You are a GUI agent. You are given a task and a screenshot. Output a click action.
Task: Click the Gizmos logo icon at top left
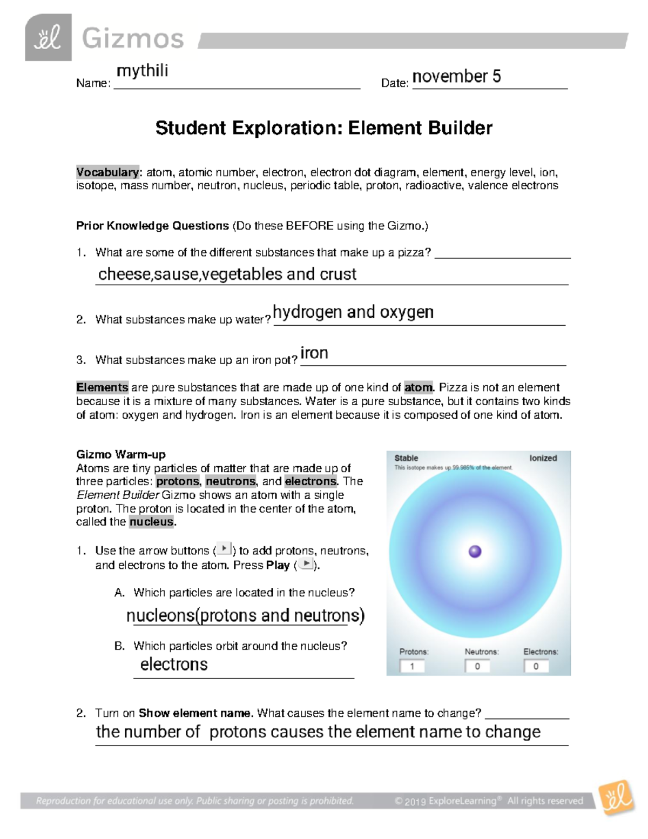click(x=48, y=37)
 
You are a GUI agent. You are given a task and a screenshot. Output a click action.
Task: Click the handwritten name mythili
click(x=143, y=71)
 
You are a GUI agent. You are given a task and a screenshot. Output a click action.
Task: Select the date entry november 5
click(x=456, y=77)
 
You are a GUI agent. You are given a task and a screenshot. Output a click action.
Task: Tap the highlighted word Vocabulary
click(x=107, y=172)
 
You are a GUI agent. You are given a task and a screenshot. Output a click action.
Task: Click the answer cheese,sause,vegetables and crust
click(x=227, y=274)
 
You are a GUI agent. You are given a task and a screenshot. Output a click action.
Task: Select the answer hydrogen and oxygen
click(x=353, y=312)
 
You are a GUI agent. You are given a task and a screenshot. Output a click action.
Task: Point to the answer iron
click(x=314, y=353)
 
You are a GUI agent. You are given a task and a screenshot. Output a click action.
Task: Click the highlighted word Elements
click(x=102, y=387)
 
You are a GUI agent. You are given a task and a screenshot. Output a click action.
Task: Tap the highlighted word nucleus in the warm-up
click(x=152, y=522)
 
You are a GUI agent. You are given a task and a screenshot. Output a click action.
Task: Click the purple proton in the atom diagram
click(x=475, y=551)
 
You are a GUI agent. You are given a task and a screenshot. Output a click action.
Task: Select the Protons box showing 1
click(x=413, y=666)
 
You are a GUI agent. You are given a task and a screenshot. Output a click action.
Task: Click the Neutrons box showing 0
click(x=477, y=666)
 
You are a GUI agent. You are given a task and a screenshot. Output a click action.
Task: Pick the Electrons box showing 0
click(x=536, y=666)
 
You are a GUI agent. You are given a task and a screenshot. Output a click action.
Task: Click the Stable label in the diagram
click(x=406, y=458)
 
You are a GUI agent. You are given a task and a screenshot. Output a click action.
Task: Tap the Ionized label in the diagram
click(x=543, y=458)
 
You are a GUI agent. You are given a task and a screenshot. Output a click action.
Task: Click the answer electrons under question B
click(x=174, y=665)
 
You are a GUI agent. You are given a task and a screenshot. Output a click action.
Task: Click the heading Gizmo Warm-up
click(x=121, y=454)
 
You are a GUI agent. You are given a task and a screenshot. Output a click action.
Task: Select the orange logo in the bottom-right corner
click(x=617, y=797)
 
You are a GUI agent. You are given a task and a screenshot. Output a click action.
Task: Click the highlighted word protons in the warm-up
click(x=178, y=481)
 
